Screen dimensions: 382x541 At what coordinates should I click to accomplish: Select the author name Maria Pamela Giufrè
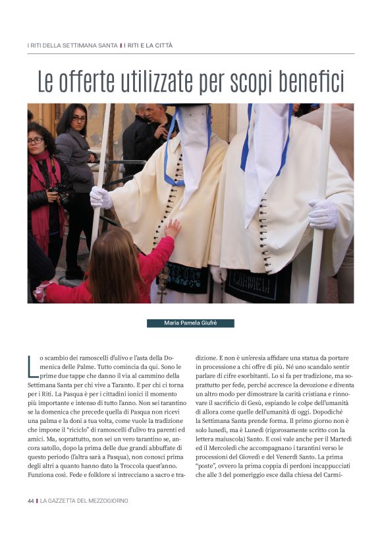click(190, 323)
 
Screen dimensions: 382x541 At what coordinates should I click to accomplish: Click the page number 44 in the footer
click(30, 501)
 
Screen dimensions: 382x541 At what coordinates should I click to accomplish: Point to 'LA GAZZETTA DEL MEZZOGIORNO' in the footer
click(84, 501)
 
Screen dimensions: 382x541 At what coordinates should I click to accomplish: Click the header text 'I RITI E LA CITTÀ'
click(148, 46)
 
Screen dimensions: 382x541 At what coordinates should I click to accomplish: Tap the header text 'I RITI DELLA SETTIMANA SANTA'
click(72, 46)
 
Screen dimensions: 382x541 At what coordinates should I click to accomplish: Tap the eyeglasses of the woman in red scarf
click(36, 141)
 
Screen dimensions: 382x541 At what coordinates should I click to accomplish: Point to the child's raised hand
click(173, 228)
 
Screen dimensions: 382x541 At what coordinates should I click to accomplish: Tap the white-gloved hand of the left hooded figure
click(100, 197)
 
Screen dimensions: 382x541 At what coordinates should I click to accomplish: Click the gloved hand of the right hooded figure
click(323, 214)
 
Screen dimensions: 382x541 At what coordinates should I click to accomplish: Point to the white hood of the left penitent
click(192, 148)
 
